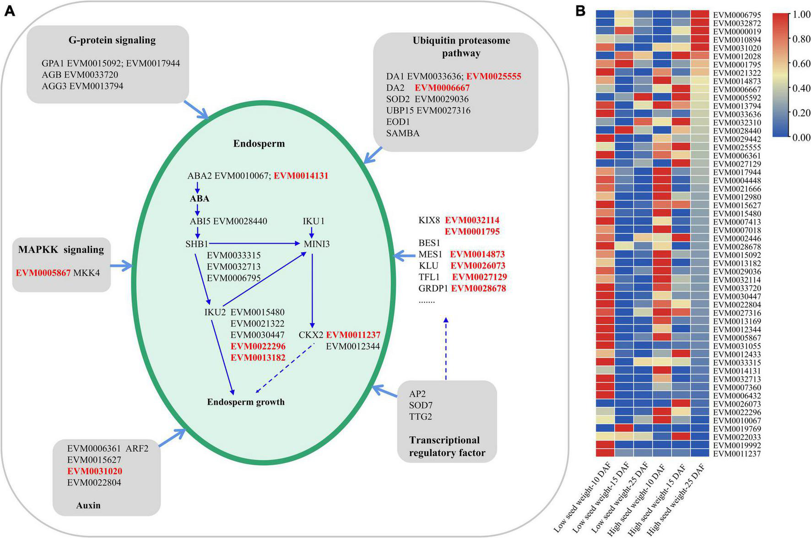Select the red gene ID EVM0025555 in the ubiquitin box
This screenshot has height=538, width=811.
pyautogui.click(x=494, y=76)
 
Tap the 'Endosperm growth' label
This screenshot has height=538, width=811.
pyautogui.click(x=246, y=402)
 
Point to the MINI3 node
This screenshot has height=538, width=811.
pyautogui.click(x=317, y=244)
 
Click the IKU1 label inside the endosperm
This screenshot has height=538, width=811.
pyautogui.click(x=314, y=221)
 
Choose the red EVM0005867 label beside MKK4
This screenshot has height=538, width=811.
pyautogui.click(x=43, y=273)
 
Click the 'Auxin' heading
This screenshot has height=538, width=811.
pyautogui.click(x=88, y=505)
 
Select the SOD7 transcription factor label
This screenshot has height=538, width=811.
pyautogui.click(x=421, y=405)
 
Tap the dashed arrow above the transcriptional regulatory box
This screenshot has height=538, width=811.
pyautogui.click(x=446, y=348)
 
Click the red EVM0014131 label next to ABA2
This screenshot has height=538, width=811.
pyautogui.click(x=301, y=175)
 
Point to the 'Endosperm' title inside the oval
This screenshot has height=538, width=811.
pyautogui.click(x=259, y=143)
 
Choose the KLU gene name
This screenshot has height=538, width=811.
pyautogui.click(x=428, y=266)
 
